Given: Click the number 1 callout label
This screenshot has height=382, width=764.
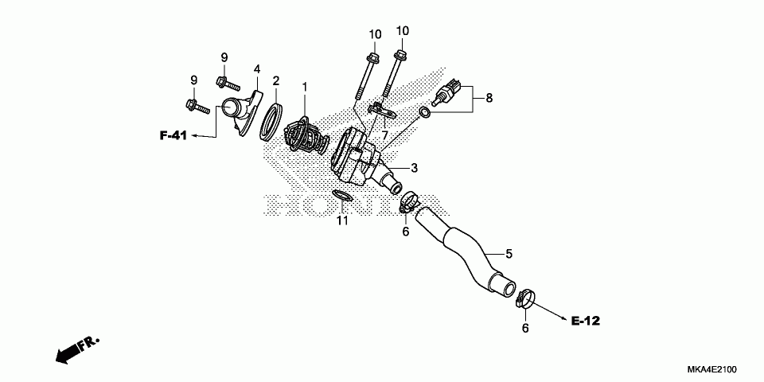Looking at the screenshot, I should pos(303,85).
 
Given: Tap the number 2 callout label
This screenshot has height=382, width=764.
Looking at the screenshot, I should pos(276,80).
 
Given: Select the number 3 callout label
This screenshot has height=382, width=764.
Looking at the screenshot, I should pos(415,168).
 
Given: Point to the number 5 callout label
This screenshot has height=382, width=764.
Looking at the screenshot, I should pos(509,254).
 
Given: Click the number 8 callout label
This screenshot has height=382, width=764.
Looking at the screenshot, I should pos(489,98).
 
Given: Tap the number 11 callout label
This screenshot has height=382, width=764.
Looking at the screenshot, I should pos(342,220).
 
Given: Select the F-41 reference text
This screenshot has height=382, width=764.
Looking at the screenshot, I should pos(173,136).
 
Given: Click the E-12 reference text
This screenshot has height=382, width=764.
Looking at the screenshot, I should pos(585,321).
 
